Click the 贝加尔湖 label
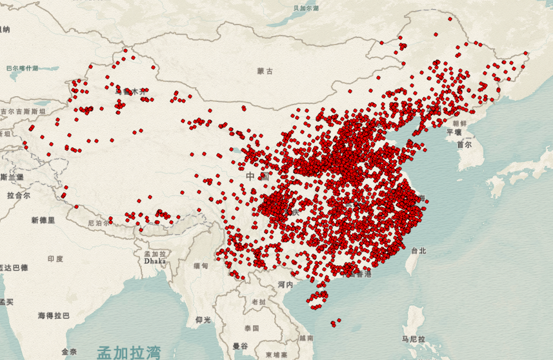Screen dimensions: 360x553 pos(306,8)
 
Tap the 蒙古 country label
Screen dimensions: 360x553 pos(265,70)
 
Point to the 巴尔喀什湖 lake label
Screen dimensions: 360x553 pos(23,68)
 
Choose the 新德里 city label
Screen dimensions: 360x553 pos(43,221)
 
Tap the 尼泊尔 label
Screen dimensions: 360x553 pos(99,223)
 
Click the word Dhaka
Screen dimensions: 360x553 pos(155,262)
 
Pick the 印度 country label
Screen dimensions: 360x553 pos(55,259)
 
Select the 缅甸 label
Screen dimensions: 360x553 pos(201,266)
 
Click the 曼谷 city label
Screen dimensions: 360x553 pos(240,346)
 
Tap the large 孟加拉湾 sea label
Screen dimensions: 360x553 pos(128,352)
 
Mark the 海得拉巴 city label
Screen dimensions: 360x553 pos(53,315)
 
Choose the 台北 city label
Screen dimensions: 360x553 pos(418,251)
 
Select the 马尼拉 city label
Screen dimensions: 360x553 pos(412,339)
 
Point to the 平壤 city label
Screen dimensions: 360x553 pos(454,132)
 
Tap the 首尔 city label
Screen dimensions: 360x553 pos(464,145)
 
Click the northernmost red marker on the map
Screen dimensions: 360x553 pos(436,35)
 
